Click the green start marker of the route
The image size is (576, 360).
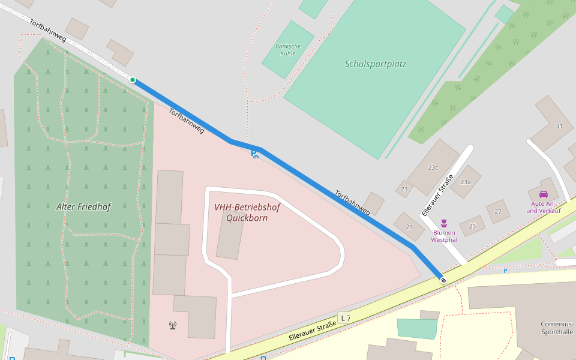point(133,80)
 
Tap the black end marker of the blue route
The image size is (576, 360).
point(443,280)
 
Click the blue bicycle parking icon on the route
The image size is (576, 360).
point(254,154)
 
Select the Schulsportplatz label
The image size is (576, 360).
point(376,64)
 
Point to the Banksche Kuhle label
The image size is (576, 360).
point(287,49)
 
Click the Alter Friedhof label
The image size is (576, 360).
point(83,206)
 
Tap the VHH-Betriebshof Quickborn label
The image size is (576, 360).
point(247,212)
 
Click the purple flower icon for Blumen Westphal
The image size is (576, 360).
point(444,223)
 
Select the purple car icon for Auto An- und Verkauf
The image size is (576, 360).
point(544,194)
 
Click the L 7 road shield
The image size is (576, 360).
point(344,317)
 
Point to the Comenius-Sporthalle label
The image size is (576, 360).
point(557,328)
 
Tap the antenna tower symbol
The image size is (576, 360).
point(173,325)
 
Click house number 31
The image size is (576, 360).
point(559,126)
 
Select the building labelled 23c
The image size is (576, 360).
point(433,167)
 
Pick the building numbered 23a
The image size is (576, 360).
point(466,182)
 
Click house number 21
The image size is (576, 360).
point(409,226)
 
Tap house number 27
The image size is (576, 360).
point(497,211)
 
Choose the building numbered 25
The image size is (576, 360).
point(472,226)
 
